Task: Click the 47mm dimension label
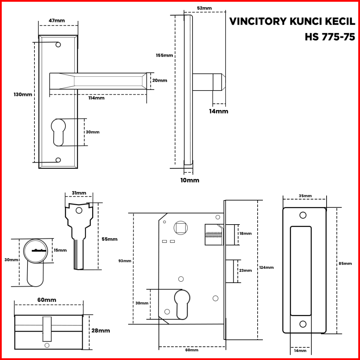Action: [x=57, y=21]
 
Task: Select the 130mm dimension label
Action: [x=23, y=94]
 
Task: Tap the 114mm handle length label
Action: [x=96, y=98]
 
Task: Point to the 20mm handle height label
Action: [x=159, y=80]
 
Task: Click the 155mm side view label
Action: [x=164, y=55]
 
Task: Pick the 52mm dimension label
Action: [x=204, y=8]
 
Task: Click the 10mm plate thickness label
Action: [x=190, y=180]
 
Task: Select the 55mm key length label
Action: [x=110, y=239]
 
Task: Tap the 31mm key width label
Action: [x=79, y=193]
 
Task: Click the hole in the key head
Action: [x=79, y=210]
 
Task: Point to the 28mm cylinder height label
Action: [x=101, y=331]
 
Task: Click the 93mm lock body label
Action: [x=125, y=261]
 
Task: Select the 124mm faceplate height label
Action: [x=266, y=267]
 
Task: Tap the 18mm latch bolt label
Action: [x=245, y=234]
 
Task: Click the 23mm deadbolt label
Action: [x=245, y=271]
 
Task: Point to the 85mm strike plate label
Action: [x=345, y=263]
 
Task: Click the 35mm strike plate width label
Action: [x=305, y=196]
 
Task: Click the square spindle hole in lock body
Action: [x=181, y=228]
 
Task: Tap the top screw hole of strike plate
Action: [x=303, y=216]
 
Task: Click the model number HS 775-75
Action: [x=330, y=37]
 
